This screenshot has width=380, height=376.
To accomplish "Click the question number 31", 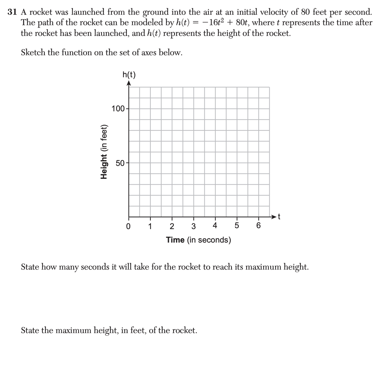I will pyautogui.click(x=12, y=12).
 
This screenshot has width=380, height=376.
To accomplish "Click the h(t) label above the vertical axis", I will pyautogui.click(x=129, y=75).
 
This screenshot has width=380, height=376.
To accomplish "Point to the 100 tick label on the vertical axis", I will pyautogui.click(x=118, y=109).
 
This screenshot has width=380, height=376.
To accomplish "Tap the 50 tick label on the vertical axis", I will pyautogui.click(x=120, y=163).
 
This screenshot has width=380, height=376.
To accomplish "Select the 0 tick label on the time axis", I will pyautogui.click(x=128, y=226).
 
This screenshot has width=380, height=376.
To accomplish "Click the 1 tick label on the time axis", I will pyautogui.click(x=150, y=226).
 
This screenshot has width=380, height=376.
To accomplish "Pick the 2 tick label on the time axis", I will pyautogui.click(x=172, y=226).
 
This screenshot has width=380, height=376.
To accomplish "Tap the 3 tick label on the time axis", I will pyautogui.click(x=193, y=226).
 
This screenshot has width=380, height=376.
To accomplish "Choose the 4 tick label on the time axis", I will pyautogui.click(x=215, y=226).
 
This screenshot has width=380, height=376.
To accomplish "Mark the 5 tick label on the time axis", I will pyautogui.click(x=237, y=226).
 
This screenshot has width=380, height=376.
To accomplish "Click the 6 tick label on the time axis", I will pyautogui.click(x=258, y=226).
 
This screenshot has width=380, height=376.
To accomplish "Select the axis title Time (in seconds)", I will pyautogui.click(x=198, y=240).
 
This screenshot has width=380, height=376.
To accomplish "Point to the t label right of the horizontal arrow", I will pyautogui.click(x=279, y=217).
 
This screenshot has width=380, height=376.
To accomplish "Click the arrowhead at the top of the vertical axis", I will pyautogui.click(x=129, y=83).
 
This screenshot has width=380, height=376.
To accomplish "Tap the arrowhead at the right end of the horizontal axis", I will pyautogui.click(x=274, y=217).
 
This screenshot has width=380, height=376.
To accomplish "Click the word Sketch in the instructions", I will pyautogui.click(x=33, y=53).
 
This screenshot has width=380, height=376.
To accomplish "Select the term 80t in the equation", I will pyautogui.click(x=244, y=23).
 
